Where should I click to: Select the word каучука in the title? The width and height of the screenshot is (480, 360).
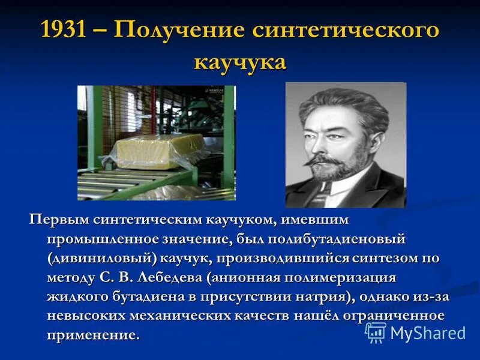click(239, 61)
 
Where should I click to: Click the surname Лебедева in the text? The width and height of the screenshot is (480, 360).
click(171, 277)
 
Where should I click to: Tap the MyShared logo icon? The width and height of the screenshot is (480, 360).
click(376, 332)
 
